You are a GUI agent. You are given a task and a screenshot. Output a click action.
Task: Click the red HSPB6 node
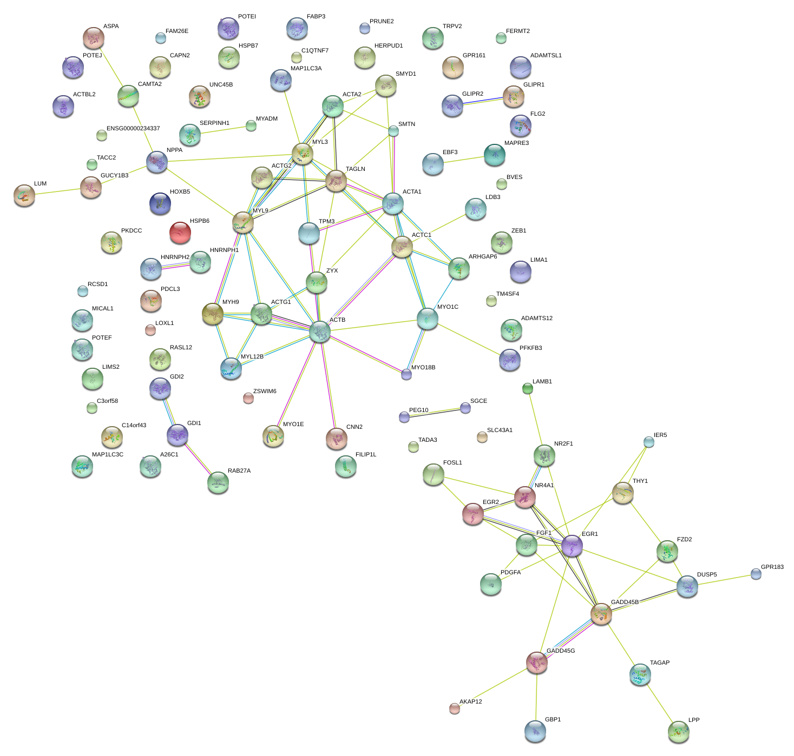tap(180, 232)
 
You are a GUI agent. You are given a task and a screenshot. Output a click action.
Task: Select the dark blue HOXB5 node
tap(160, 203)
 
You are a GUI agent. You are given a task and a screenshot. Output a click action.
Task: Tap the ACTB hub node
tap(320, 331)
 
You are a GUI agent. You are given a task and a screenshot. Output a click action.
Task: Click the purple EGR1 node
tap(572, 545)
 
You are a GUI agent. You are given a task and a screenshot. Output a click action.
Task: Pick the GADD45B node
tap(601, 614)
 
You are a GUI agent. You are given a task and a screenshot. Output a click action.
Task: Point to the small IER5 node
tap(649, 442)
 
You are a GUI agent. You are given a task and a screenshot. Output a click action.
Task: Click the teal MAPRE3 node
tap(494, 155)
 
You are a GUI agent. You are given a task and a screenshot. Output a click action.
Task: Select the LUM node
tap(24, 195)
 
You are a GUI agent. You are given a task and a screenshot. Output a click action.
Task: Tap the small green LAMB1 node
tap(528, 388)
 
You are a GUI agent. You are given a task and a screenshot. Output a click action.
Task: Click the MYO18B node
tap(406, 374)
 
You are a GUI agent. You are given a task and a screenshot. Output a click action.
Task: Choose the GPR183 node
tap(756, 574)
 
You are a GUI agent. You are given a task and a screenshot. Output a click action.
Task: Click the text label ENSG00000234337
tap(133, 129)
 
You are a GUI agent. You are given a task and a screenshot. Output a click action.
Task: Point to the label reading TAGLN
tap(356, 169)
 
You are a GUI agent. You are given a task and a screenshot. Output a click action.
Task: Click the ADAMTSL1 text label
tap(546, 56)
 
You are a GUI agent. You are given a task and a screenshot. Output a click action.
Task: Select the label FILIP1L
tap(366, 455)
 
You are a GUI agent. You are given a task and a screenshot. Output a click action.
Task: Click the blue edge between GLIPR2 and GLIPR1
tap(483, 101)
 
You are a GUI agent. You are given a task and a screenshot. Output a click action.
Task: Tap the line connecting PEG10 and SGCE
tap(435, 413)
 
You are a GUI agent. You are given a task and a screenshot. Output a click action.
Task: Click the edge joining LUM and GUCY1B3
tap(57, 191)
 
